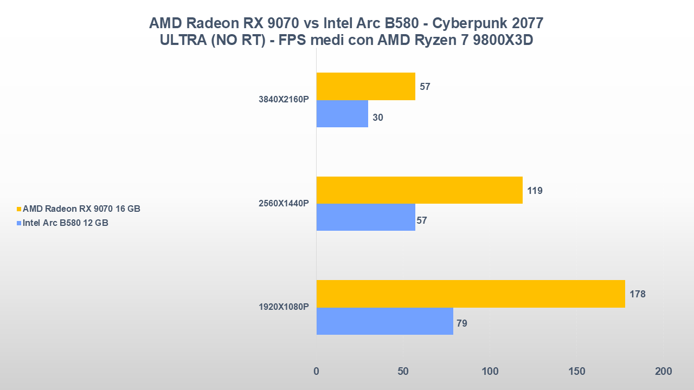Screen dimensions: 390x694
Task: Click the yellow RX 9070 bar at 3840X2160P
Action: [x=366, y=86]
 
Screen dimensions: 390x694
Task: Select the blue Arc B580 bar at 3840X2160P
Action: [x=342, y=114]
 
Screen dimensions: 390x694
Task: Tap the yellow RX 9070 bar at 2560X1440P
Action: [x=419, y=190]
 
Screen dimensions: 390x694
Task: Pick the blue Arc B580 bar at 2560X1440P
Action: [x=366, y=217]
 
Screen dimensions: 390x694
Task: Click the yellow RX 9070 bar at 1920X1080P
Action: [x=471, y=294]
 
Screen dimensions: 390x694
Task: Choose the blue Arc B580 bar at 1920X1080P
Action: [x=385, y=321]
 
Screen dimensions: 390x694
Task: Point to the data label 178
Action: [x=638, y=294]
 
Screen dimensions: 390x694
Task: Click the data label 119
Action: [x=535, y=191]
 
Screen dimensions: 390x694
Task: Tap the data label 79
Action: [x=462, y=323]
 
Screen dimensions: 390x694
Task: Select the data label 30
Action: [x=378, y=117]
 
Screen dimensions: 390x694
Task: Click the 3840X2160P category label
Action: [x=284, y=100]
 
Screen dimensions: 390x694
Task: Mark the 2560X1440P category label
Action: [x=284, y=204]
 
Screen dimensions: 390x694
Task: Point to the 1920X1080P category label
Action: [x=284, y=307]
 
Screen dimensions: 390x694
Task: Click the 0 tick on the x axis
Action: [x=317, y=372]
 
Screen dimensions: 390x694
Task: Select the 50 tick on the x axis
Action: [x=403, y=372]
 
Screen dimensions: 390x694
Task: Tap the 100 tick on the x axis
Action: [x=490, y=372]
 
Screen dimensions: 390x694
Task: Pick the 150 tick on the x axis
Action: [x=576, y=372]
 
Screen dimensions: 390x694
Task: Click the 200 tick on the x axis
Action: [x=663, y=372]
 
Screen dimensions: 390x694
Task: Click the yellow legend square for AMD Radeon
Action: [x=20, y=209]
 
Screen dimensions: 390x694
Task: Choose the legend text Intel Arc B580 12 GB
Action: [x=66, y=223]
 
